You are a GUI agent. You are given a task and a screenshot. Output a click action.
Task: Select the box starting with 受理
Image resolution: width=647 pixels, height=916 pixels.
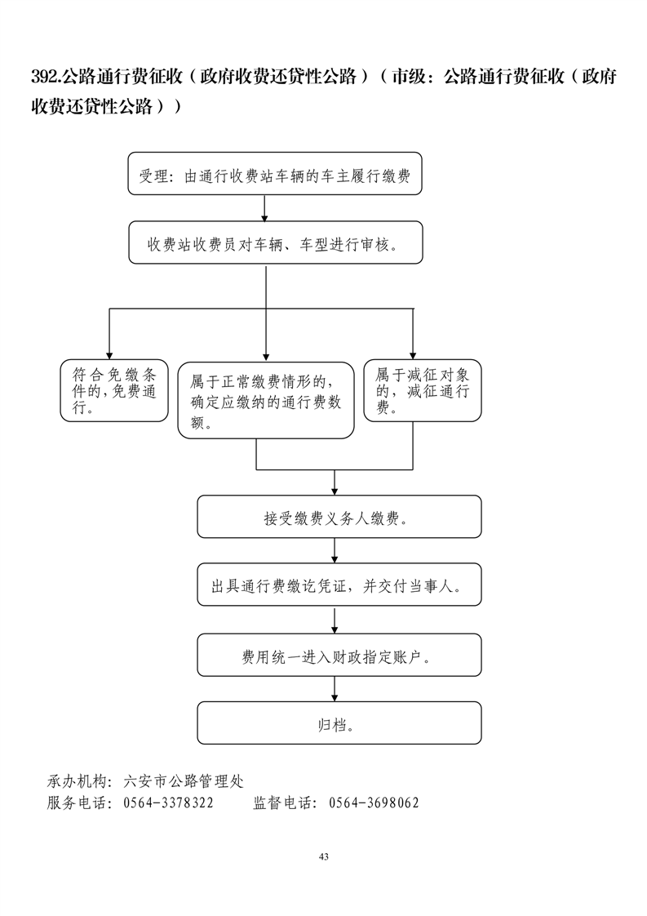[x=275, y=174]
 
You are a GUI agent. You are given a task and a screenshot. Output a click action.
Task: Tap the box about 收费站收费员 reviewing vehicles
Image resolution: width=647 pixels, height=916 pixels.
[x=275, y=242]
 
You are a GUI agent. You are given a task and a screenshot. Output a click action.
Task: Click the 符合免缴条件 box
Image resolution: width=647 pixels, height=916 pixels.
[x=114, y=391]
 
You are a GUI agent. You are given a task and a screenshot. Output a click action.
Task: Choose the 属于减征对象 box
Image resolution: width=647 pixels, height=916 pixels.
[x=422, y=391]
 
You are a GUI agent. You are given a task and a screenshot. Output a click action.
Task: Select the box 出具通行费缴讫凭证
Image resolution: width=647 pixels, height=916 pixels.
[x=339, y=585]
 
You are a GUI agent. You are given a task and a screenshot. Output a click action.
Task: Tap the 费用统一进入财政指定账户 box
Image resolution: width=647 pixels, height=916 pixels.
[x=339, y=656]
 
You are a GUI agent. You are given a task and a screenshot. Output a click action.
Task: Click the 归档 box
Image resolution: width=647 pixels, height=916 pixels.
[x=339, y=723]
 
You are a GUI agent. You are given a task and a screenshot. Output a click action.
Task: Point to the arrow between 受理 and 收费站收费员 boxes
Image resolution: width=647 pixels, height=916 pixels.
[x=265, y=208]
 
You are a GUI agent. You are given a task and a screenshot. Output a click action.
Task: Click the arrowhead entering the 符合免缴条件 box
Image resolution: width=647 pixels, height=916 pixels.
[x=109, y=353]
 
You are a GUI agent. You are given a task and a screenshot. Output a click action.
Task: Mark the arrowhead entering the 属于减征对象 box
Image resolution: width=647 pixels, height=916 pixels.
[x=413, y=353]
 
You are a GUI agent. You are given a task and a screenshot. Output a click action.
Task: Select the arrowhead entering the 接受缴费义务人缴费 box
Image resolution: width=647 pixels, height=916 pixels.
[x=335, y=490]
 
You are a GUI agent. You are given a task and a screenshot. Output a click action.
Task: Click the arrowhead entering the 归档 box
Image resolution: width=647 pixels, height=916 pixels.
[x=335, y=696]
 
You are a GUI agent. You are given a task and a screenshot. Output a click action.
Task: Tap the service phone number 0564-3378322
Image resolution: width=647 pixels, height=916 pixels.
[x=168, y=803]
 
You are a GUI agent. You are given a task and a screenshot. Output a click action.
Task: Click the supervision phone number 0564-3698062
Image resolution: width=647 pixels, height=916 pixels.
[x=374, y=803]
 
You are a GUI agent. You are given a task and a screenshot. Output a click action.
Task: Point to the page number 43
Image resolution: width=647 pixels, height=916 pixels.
[x=324, y=856]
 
